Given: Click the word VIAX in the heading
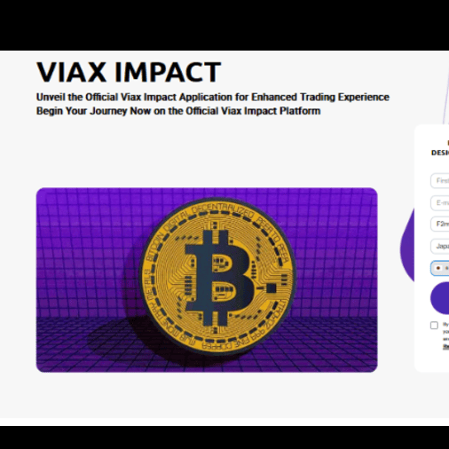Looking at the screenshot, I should pos(72,72).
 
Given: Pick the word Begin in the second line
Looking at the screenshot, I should pos(51,112).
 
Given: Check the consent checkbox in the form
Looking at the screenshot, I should pos(434,326).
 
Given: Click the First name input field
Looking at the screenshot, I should pos(440,180).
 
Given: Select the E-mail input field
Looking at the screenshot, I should pos(440,202).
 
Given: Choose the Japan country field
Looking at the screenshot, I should pos(440,246).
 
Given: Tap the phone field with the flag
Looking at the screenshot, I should pos(440,267).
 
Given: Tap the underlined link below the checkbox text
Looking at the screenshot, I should pos(445,347).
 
